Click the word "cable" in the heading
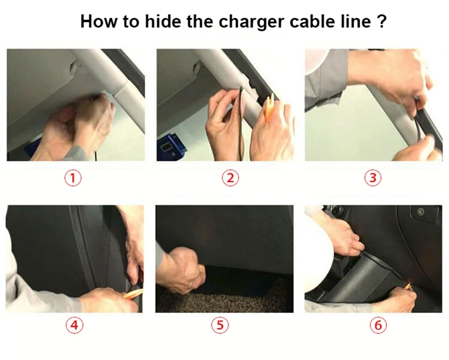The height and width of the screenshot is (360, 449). click(312, 21)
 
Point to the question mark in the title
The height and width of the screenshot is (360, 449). click(382, 21)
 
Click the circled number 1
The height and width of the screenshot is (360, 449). click(73, 178)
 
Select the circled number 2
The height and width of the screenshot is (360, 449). click(231, 178)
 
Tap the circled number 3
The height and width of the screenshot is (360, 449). click(373, 178)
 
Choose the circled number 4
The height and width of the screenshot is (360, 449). click(74, 325)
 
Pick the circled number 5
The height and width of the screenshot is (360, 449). click(220, 325)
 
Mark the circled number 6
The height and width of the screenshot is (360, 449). click(379, 325)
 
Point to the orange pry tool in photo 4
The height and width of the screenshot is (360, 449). click(133, 294)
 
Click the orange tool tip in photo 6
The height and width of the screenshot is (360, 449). click(409, 285)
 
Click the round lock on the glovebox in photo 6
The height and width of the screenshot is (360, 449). click(420, 212)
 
